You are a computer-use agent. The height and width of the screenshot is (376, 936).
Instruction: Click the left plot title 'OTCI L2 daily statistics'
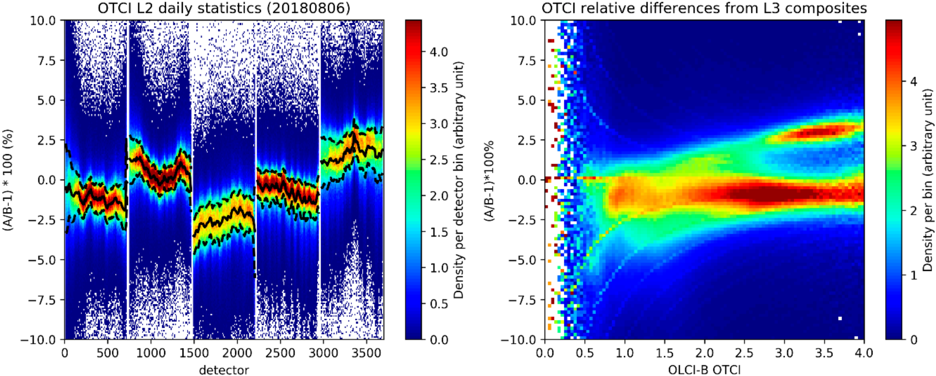pyautogui.click(x=224, y=8)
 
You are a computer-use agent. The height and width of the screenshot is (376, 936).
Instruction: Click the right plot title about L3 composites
pyautogui.click(x=704, y=8)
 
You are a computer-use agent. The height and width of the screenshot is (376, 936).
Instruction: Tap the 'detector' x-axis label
pyautogui.click(x=224, y=370)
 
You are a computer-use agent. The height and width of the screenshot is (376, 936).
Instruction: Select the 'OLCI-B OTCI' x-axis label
pyautogui.click(x=704, y=370)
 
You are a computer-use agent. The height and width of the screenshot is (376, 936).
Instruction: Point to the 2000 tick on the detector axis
pyautogui.click(x=237, y=353)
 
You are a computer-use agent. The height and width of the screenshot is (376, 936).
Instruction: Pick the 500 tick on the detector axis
pyautogui.click(x=108, y=353)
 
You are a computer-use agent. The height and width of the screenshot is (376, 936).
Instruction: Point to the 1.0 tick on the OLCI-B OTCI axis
pyautogui.click(x=625, y=353)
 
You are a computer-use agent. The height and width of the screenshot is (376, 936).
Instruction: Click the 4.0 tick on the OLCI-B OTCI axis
pyautogui.click(x=864, y=353)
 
